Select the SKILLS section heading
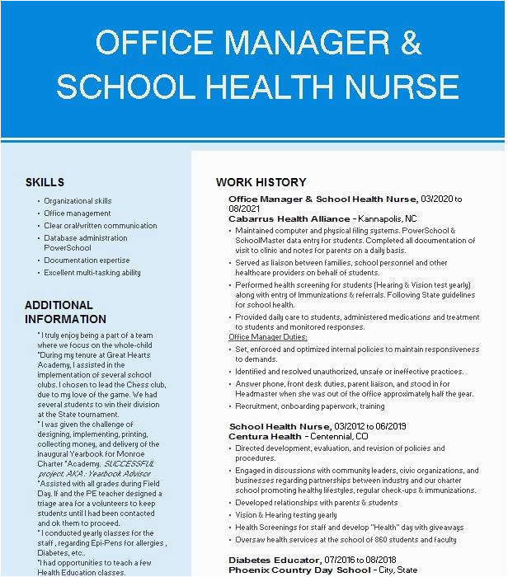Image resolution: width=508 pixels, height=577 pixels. click(45, 182)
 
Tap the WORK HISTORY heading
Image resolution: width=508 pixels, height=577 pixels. click(261, 182)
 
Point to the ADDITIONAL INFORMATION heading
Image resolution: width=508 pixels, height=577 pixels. click(65, 312)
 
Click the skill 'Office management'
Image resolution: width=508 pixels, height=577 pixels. click(78, 213)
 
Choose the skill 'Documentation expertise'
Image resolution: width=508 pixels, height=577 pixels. click(87, 260)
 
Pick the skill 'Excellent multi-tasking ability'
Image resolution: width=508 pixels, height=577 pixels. click(92, 273)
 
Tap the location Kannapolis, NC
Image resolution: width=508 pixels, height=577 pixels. click(388, 218)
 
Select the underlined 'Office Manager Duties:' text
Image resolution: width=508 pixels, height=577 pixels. click(267, 337)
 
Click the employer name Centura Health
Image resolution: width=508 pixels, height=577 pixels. click(265, 436)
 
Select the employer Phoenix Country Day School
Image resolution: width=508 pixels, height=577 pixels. click(299, 570)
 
